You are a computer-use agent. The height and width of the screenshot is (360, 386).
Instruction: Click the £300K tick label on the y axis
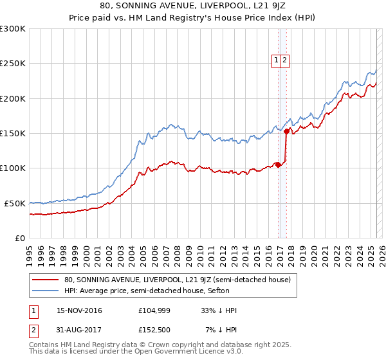click(12, 29)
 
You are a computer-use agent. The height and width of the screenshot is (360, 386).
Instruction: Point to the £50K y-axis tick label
click(14, 203)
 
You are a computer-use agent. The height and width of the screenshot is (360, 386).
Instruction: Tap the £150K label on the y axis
click(12, 134)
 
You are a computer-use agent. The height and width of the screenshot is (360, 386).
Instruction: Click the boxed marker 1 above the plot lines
click(276, 60)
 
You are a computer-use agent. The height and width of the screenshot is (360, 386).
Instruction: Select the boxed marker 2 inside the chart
click(284, 60)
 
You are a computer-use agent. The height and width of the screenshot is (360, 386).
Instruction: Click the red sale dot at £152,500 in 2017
click(287, 131)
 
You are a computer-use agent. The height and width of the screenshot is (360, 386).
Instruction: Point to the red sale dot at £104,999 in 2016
click(278, 165)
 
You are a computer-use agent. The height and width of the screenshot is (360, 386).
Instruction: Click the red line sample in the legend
click(45, 280)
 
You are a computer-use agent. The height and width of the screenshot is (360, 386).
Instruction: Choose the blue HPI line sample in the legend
click(45, 290)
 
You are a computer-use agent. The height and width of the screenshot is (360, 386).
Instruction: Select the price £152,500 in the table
click(153, 332)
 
